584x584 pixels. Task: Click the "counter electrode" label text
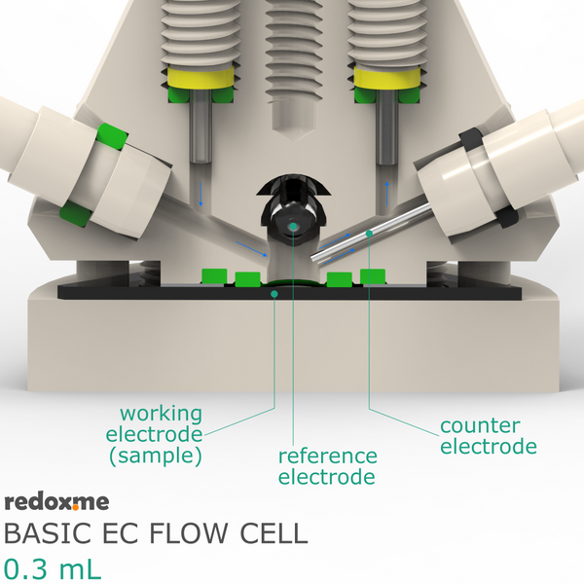point(489,436)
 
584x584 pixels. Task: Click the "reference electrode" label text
point(327,466)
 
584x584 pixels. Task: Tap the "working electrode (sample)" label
point(154,435)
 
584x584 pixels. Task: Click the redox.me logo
point(56,502)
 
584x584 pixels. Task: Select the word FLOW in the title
point(188,533)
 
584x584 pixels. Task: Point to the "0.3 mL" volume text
point(53,569)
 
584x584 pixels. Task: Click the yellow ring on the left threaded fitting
point(201,78)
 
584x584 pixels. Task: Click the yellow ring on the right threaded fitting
point(387,78)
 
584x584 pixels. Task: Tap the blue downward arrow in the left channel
point(201,194)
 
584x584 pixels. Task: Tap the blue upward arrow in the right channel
point(387,194)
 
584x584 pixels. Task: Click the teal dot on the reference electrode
point(293,226)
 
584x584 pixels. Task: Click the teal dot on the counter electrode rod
point(369,234)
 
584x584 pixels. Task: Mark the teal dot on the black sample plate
point(274,294)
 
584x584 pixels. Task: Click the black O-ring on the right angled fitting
point(489,178)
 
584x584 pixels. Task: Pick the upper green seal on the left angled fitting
point(111,136)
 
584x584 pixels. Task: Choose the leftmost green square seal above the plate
point(214,276)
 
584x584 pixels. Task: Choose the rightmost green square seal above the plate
point(373,276)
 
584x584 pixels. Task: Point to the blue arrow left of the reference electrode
point(252,249)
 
